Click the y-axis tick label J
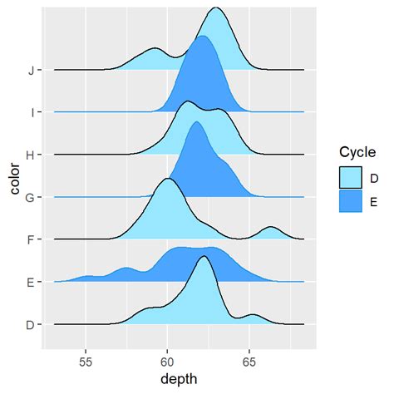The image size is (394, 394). (31, 70)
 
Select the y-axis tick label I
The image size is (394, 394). (31, 112)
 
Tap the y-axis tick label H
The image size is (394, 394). (31, 155)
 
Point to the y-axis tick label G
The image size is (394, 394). (31, 197)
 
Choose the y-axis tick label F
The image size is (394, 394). (31, 239)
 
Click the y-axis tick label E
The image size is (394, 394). (31, 282)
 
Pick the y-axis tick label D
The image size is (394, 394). (31, 324)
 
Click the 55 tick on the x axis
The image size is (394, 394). (86, 363)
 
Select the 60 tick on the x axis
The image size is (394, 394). (167, 363)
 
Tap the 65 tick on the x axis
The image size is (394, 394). (249, 363)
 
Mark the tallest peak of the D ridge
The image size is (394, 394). (204, 257)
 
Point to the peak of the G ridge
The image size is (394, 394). (196, 123)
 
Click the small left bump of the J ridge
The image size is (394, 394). (155, 50)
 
